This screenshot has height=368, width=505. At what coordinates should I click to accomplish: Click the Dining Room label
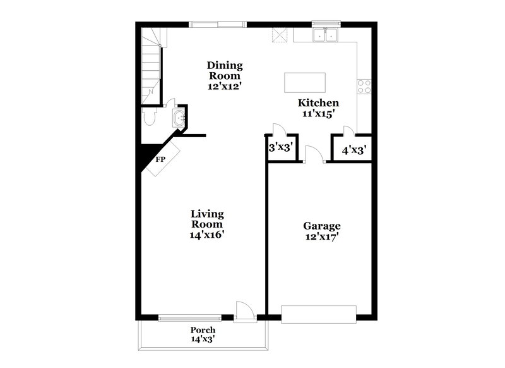coord(225,70)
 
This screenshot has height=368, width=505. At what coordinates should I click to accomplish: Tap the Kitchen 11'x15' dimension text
coord(319,114)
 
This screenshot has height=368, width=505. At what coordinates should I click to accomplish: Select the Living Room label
coord(207,219)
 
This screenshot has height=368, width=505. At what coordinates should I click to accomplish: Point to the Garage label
coord(322,226)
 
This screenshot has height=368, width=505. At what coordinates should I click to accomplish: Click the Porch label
coord(203,330)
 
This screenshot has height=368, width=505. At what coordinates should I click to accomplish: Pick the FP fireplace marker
coord(161,159)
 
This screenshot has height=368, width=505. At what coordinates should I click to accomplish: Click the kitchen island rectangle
coord(306,82)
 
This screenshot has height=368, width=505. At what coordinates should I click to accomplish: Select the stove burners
coord(364,86)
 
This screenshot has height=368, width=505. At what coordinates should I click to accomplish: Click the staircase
coord(151,63)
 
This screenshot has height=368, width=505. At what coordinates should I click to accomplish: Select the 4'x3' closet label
coord(354,150)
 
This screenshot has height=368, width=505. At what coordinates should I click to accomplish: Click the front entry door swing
coord(244,310)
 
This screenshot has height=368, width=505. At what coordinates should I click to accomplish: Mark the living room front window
coord(190,319)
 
